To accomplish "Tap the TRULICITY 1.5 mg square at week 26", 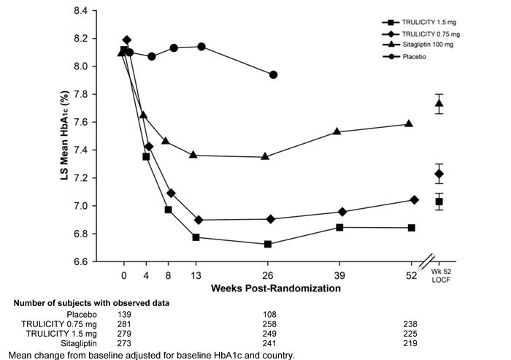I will click(268, 244).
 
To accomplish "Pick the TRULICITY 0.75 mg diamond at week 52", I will click(415, 199).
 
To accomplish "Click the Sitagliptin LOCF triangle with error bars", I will click(439, 104).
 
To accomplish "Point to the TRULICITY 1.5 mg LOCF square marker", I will click(439, 201).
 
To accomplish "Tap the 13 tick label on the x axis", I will click(195, 275).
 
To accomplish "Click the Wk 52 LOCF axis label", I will click(439, 277).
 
